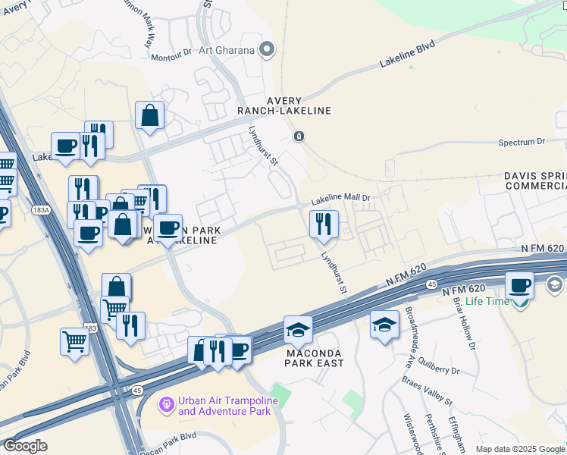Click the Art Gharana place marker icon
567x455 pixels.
pos(266,51)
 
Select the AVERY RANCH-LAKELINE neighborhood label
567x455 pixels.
pos(284,105)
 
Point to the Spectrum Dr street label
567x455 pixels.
pos(522,142)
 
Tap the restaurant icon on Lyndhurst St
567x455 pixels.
pos(324,224)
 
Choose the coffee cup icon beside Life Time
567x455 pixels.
pos(519,285)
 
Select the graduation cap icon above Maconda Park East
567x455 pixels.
pos(298,329)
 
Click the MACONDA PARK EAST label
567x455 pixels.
pos(314,358)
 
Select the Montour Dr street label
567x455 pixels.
pos(171,56)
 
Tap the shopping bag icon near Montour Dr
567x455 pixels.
pos(151,116)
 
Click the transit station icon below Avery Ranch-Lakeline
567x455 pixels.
pos(299,136)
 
